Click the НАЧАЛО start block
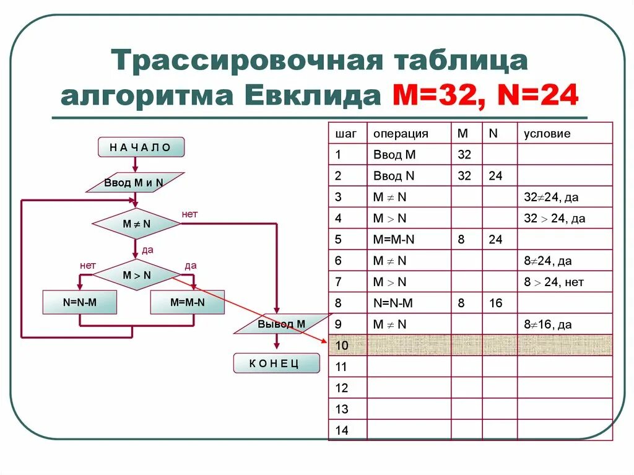pyautogui.click(x=141, y=147)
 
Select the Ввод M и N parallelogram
pyautogui.click(x=134, y=183)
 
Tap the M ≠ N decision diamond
pyautogui.click(x=136, y=224)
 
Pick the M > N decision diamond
pyautogui.click(x=136, y=275)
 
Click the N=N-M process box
pyautogui.click(x=80, y=302)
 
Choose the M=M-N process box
pyautogui.click(x=188, y=302)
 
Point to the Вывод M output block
pyautogui.click(x=282, y=324)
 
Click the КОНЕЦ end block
pyautogui.click(x=276, y=363)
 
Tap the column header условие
pyautogui.click(x=547, y=133)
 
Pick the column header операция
pyautogui.click(x=401, y=133)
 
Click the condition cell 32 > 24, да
pyautogui.click(x=554, y=218)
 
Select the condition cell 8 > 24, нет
pyautogui.click(x=554, y=282)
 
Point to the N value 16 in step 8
pyautogui.click(x=495, y=303)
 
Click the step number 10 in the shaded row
pyautogui.click(x=342, y=346)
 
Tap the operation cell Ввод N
pyautogui.click(x=394, y=176)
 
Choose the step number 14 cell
pyautogui.click(x=342, y=430)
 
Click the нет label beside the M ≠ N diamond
pyautogui.click(x=189, y=214)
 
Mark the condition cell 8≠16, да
pyautogui.click(x=547, y=325)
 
